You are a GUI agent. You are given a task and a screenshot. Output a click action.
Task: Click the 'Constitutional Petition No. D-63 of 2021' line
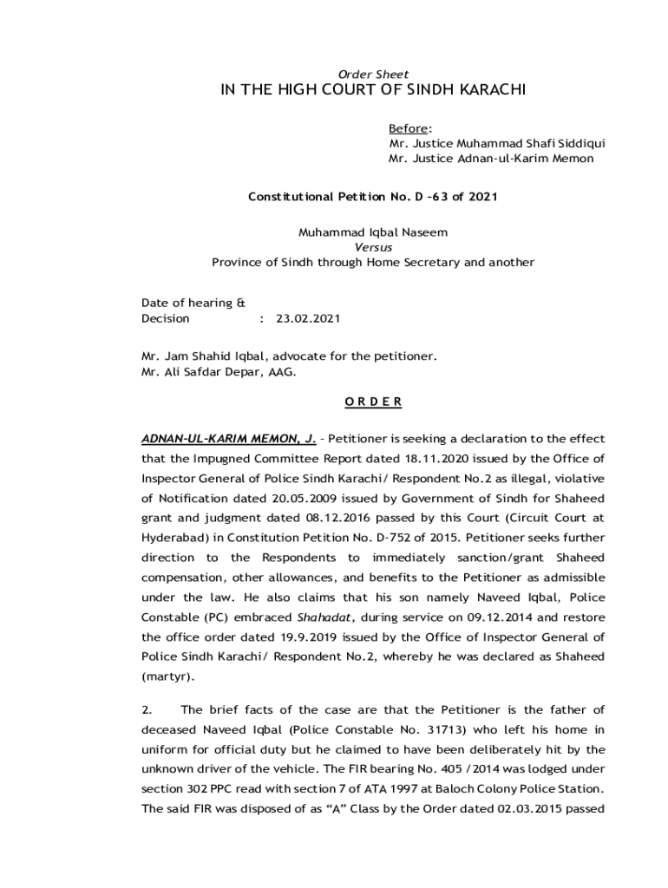click(373, 197)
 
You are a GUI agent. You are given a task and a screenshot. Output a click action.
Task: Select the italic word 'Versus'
click(373, 247)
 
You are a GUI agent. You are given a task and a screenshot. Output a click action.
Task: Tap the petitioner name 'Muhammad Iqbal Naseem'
click(373, 232)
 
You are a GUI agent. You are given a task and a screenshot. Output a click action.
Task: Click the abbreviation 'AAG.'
click(282, 372)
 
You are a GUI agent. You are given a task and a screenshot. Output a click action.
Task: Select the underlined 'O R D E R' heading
click(373, 402)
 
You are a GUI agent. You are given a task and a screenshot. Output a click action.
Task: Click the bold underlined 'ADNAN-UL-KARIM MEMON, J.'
click(227, 439)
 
